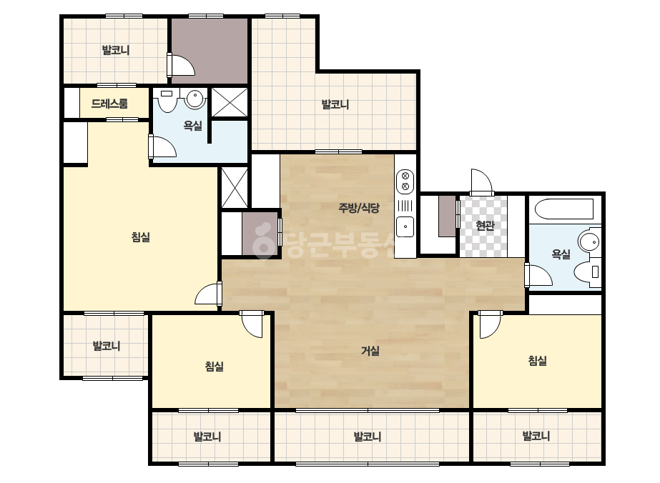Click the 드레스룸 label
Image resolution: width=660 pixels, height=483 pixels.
[109, 104]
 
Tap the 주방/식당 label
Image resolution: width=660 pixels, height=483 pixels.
[359, 207]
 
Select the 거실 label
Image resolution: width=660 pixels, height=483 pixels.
[370, 351]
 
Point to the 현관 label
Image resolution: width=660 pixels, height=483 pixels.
[485, 226]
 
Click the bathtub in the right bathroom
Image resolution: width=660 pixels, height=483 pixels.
[564, 209]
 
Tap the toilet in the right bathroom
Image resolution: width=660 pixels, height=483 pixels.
[588, 272]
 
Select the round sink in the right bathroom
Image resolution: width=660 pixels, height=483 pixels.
[589, 242]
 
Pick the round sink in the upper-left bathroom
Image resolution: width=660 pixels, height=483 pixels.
[195, 99]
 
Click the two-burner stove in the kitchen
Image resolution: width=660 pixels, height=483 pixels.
[405, 181]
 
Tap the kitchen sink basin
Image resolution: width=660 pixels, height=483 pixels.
[405, 226]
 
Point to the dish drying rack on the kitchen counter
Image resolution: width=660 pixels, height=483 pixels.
[405, 206]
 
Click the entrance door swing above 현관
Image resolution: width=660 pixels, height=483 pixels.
[481, 181]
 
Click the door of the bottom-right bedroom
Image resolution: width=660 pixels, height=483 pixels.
[490, 324]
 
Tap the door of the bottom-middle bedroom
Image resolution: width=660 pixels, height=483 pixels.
[251, 324]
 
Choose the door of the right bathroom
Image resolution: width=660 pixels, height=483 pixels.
[538, 275]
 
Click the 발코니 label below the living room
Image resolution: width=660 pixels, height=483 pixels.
[367, 437]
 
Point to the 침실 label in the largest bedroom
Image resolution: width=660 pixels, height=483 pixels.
[141, 237]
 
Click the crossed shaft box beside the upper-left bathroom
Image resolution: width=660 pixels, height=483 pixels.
[230, 102]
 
